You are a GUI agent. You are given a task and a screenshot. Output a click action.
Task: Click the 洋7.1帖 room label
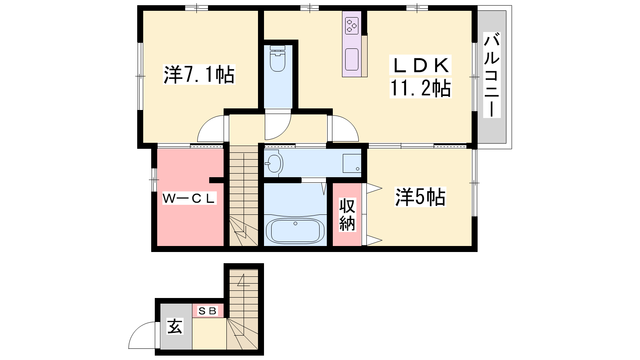coord(199,74)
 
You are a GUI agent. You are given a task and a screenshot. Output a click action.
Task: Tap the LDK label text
coord(420,65)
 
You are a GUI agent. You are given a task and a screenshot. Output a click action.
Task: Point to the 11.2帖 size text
coord(420,88)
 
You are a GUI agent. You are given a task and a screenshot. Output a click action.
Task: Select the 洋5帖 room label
coord(420,197)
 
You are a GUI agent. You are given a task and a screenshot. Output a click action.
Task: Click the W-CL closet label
coord(189,198)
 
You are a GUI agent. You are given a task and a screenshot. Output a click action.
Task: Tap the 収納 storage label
coord(347,214)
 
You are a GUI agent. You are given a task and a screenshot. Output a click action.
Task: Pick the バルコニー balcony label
coord(492,75)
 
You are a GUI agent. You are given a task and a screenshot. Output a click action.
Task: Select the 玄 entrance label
coord(174,326)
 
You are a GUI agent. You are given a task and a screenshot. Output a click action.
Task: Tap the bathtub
coord(295,231)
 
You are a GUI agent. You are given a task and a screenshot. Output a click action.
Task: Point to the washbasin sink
coord(274,164)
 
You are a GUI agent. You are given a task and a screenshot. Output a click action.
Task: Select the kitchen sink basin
coord(352,60)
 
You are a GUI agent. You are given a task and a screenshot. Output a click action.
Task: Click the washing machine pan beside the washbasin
coord(352,164)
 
